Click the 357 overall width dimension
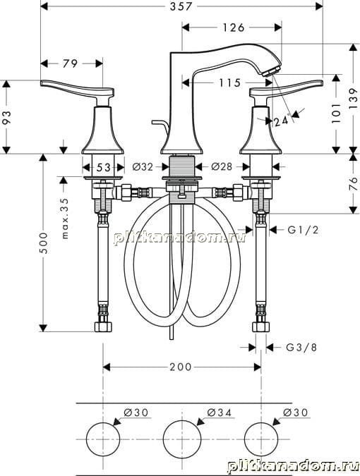181,6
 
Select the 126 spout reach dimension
234,28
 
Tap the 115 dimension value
229,83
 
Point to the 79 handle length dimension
70,63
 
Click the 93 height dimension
6,117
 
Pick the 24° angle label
282,121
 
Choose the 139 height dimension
353,99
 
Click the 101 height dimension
335,113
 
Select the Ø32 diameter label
143,166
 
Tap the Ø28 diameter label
222,166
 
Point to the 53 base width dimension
104,167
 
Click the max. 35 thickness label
64,218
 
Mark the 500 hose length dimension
43,243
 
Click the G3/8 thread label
301,347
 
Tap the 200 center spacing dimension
181,367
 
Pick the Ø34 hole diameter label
220,413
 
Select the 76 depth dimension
353,183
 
